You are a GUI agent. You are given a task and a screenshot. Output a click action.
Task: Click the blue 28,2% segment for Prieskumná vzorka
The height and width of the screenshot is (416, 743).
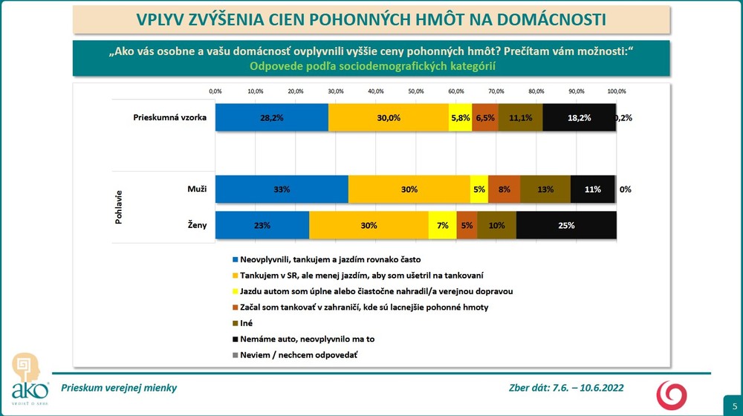click(x=272, y=117)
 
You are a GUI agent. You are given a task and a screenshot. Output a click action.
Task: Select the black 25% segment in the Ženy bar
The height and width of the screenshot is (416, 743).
click(x=565, y=225)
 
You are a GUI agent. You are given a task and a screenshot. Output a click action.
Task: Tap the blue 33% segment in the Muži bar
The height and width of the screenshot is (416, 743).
click(x=282, y=189)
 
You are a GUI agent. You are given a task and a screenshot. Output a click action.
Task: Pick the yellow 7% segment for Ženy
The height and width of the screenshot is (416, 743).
click(x=442, y=225)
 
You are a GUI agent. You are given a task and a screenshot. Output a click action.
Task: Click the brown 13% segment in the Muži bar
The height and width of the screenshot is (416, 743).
click(x=545, y=189)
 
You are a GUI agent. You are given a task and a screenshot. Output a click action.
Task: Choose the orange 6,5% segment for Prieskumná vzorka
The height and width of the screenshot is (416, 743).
click(x=484, y=117)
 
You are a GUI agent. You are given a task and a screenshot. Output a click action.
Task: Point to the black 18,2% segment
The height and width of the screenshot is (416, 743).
click(x=579, y=117)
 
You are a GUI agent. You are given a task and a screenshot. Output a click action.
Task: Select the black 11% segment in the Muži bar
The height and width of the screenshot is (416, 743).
click(x=593, y=189)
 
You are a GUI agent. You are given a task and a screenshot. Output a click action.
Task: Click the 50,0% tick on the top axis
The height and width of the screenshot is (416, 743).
click(x=416, y=91)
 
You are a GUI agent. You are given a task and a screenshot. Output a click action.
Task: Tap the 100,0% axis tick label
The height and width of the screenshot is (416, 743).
click(x=616, y=91)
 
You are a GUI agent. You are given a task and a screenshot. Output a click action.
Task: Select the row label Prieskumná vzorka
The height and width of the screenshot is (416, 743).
click(x=169, y=117)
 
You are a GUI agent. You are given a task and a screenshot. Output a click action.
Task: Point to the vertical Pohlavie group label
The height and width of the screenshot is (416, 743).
click(x=119, y=207)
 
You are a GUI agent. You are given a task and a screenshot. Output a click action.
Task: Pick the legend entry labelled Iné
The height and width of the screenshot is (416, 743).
click(x=246, y=322)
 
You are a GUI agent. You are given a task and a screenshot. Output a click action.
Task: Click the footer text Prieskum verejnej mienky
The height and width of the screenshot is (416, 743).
click(x=120, y=388)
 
